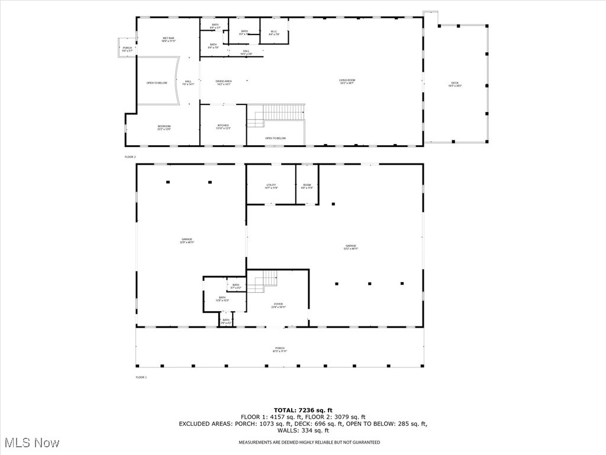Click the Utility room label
point(271,186)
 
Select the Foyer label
point(278,305)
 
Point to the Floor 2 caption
point(130,156)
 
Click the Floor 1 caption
point(141,377)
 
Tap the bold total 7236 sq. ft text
point(303,410)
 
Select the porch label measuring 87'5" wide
point(279,350)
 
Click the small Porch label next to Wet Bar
point(127,49)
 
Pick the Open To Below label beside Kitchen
point(275,138)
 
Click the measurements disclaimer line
point(309,443)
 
